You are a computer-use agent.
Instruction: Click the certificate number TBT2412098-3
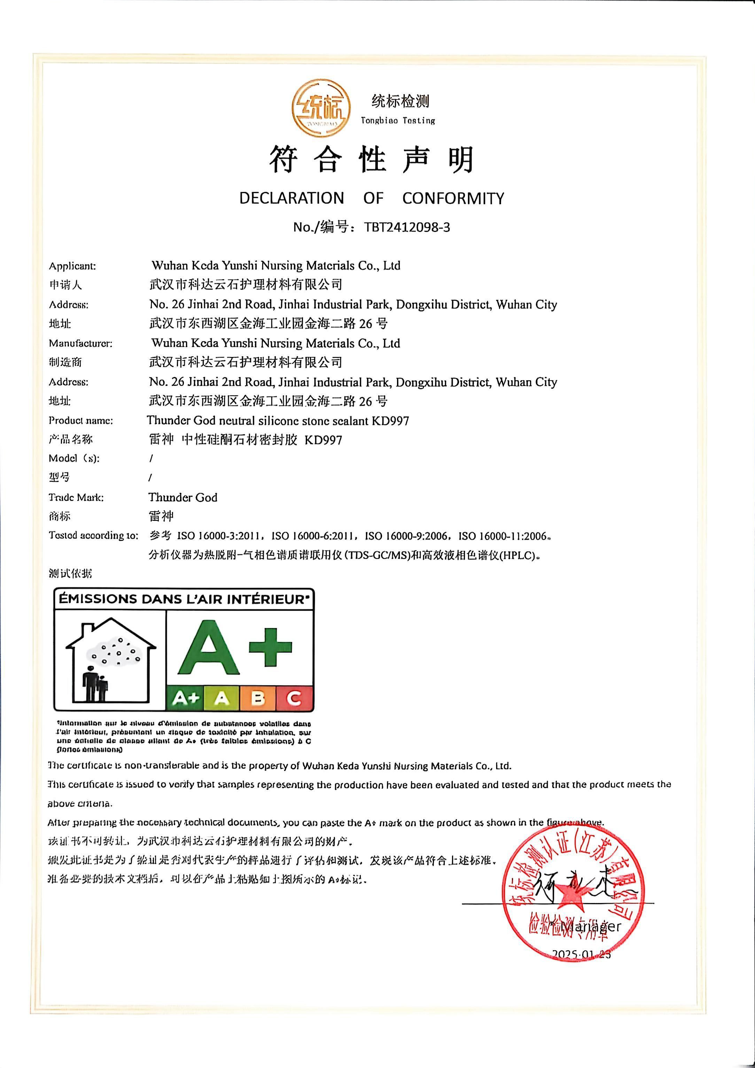407,227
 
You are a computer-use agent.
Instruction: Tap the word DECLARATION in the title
291,198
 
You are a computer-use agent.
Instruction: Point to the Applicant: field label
72,266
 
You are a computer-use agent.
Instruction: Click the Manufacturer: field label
80,343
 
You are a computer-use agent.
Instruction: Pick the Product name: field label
81,421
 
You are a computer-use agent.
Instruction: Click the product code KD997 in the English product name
390,421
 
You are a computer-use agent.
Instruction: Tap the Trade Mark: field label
76,497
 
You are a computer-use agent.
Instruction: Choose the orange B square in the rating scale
258,698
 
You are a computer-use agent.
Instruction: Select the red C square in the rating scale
294,698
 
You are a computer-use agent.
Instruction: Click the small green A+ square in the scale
185,698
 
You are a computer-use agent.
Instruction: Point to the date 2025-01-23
581,955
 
